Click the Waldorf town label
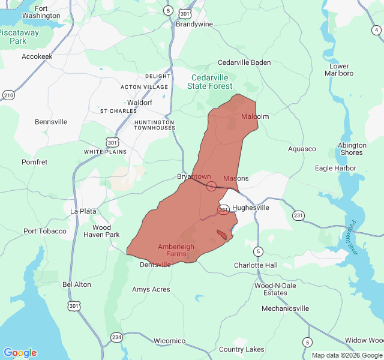click(140, 103)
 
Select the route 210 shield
click(8, 95)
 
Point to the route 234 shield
click(116, 338)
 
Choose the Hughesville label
click(250, 208)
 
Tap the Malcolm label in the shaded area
click(255, 116)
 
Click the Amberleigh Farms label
click(176, 250)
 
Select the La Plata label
click(83, 211)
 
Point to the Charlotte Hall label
click(256, 265)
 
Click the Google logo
click(20, 353)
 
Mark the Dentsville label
click(155, 265)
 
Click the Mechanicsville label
click(286, 308)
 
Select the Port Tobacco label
click(45, 231)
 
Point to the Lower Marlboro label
click(339, 70)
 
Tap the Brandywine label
click(194, 25)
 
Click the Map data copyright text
click(346, 355)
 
